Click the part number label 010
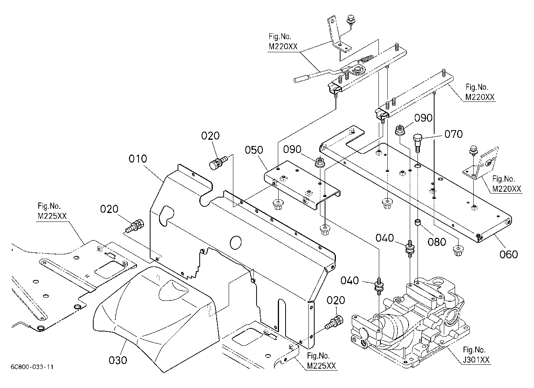click(x=138, y=159)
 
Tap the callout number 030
click(x=118, y=360)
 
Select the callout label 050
click(x=254, y=150)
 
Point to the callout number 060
click(x=509, y=254)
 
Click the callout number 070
click(x=454, y=134)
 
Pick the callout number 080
click(x=437, y=242)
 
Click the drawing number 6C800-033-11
click(x=32, y=367)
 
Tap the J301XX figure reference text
click(x=476, y=360)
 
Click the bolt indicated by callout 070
click(x=418, y=143)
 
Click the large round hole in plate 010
click(x=236, y=242)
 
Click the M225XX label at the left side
click(x=52, y=216)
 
